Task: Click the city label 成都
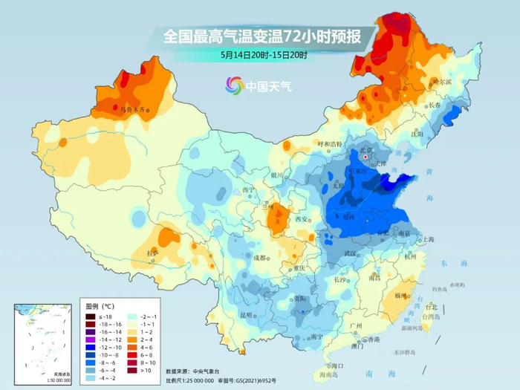[259, 257]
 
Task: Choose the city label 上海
[427, 239]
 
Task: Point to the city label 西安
[301, 219]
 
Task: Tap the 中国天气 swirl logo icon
[234, 86]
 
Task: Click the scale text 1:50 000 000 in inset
[38, 380]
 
